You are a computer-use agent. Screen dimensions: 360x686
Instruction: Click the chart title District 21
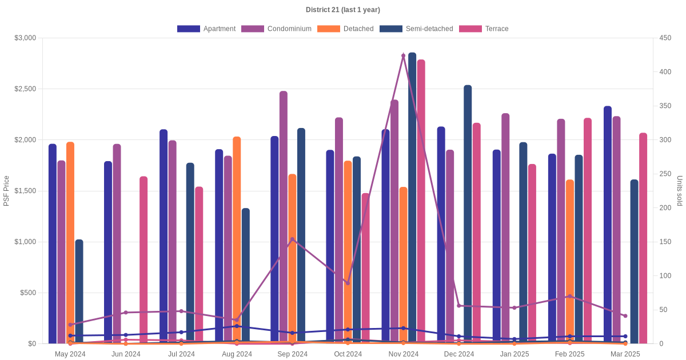(x=342, y=10)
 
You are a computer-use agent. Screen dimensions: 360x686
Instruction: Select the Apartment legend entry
(x=206, y=29)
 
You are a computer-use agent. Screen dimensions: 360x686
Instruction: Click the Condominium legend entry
(x=277, y=29)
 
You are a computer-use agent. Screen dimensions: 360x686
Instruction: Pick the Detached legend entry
(x=345, y=29)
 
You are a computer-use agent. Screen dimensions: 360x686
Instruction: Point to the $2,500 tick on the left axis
(x=25, y=89)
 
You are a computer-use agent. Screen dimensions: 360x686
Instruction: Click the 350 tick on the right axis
(x=665, y=106)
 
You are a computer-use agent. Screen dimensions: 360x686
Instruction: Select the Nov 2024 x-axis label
(x=404, y=354)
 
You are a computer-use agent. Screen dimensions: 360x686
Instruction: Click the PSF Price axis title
(x=6, y=191)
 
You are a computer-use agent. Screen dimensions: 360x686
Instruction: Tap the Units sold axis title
(x=680, y=191)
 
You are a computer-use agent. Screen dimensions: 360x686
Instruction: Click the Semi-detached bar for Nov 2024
(x=412, y=200)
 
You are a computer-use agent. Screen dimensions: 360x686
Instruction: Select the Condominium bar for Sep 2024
(x=284, y=217)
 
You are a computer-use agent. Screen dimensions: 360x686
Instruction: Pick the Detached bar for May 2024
(x=70, y=243)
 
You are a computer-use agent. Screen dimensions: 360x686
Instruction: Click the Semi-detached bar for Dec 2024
(x=468, y=214)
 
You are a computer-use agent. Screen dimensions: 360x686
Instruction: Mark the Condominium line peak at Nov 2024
(x=404, y=56)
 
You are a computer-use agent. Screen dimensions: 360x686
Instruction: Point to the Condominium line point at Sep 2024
(x=292, y=239)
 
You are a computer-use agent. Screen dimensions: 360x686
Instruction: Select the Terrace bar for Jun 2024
(x=143, y=260)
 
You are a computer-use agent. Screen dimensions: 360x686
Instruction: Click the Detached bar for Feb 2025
(x=570, y=262)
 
